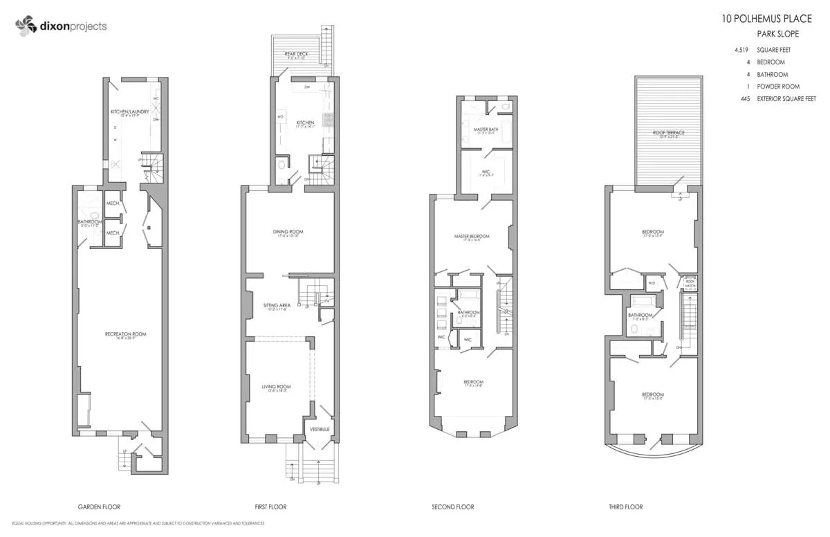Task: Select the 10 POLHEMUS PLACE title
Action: click(766, 19)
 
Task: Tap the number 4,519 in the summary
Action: click(743, 50)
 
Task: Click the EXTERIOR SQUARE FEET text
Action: click(791, 99)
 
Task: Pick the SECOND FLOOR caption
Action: click(453, 507)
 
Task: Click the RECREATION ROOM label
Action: click(125, 334)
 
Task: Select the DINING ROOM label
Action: click(288, 232)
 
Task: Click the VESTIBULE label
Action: click(319, 429)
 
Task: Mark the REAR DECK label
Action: click(296, 53)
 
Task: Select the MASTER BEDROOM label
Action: click(472, 237)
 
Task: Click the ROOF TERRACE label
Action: click(668, 132)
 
